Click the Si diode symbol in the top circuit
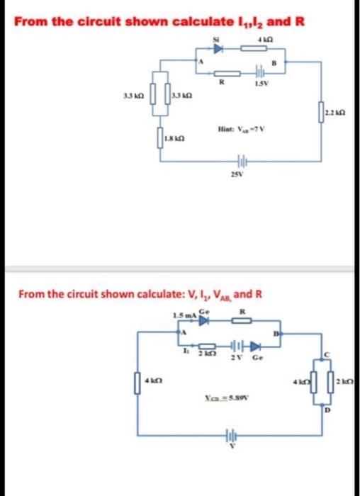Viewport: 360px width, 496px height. point(218,50)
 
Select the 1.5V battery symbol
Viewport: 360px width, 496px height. point(259,73)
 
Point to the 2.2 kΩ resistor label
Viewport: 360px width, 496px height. point(332,113)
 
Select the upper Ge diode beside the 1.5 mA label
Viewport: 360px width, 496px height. point(205,320)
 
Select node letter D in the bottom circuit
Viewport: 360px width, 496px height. point(327,409)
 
